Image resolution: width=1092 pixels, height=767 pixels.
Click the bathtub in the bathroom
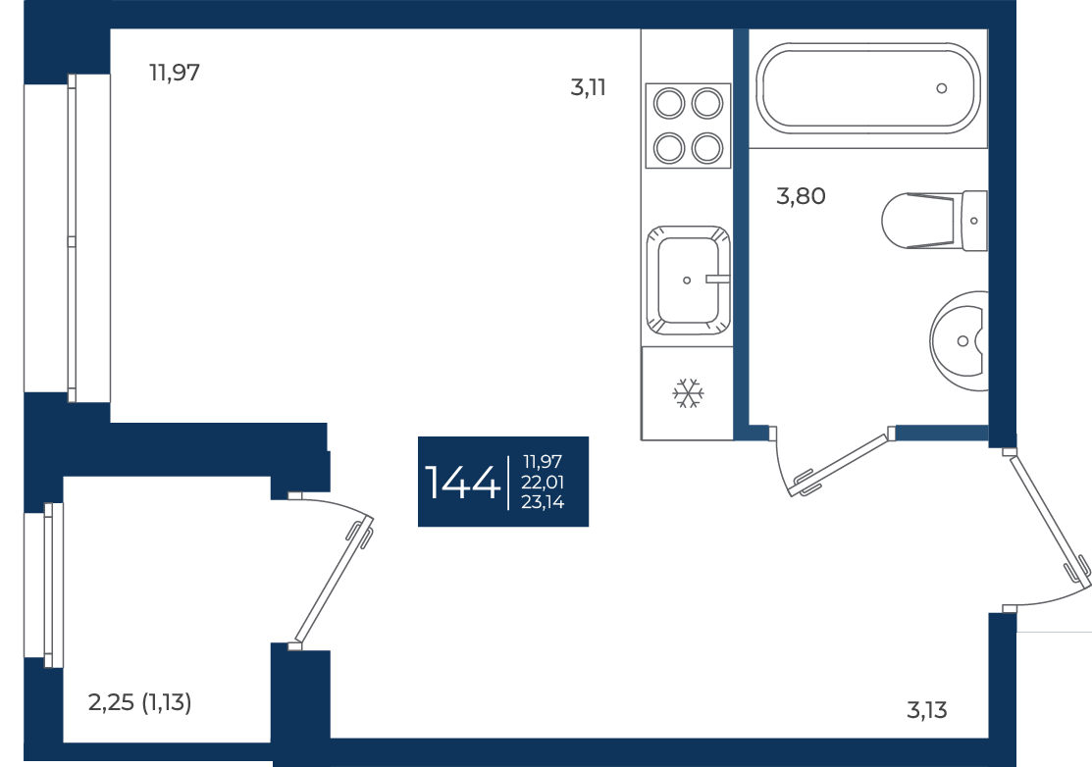click(867, 88)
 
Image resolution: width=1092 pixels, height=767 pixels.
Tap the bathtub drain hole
click(942, 88)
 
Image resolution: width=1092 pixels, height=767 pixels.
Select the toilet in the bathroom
click(934, 221)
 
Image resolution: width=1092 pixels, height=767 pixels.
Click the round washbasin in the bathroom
click(960, 341)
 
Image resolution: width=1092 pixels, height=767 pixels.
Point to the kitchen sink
click(688, 281)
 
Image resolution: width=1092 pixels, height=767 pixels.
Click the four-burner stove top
click(688, 126)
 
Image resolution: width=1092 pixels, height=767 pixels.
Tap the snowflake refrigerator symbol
click(688, 393)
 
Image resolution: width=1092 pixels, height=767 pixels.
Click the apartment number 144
click(462, 483)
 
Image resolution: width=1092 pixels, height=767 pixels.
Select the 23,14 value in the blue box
click(543, 502)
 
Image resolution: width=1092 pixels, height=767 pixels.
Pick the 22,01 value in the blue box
click(543, 482)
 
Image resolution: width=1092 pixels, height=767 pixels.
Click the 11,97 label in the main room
click(174, 73)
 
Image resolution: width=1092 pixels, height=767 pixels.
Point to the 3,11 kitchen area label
click(588, 87)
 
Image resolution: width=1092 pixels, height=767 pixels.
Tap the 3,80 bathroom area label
click(801, 196)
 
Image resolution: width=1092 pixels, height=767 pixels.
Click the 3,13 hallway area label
click(927, 711)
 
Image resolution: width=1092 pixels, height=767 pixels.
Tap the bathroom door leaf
click(841, 465)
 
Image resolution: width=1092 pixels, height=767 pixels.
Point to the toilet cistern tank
click(974, 221)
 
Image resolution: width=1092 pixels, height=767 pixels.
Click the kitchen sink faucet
click(717, 280)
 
